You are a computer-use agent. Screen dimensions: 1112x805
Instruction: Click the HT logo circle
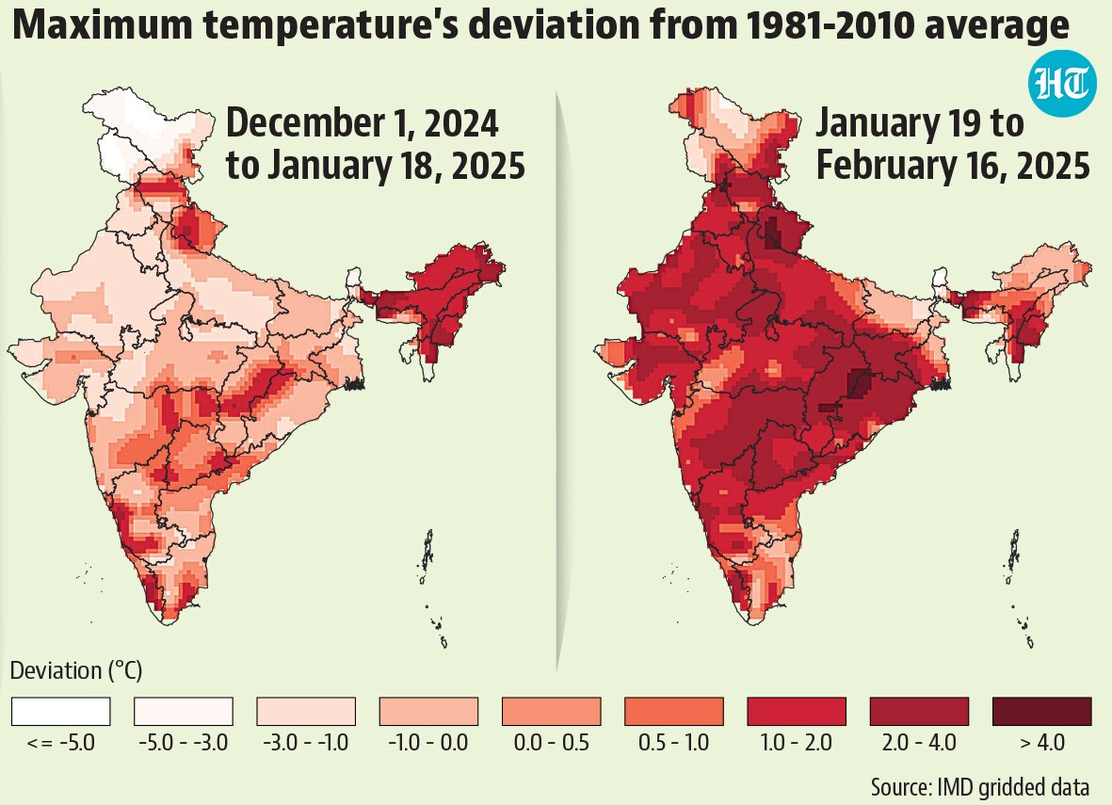tap(1061, 85)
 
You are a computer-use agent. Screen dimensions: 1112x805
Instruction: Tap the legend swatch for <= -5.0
tap(61, 711)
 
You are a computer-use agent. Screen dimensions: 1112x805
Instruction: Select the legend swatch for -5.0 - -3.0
tap(184, 711)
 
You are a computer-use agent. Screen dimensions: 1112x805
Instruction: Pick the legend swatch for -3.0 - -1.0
tap(306, 711)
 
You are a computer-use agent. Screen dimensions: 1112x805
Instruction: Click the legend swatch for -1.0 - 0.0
tap(429, 711)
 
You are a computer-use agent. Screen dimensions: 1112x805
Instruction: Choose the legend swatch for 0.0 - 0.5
tap(552, 711)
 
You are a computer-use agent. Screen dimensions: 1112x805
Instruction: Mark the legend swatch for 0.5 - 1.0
tap(674, 711)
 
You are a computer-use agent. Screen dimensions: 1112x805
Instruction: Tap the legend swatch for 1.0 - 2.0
tap(798, 711)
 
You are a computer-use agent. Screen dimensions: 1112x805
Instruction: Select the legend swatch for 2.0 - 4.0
tap(920, 711)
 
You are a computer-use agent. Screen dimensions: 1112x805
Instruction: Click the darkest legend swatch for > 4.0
tap(1042, 711)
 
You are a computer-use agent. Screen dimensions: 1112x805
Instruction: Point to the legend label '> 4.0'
tap(1042, 743)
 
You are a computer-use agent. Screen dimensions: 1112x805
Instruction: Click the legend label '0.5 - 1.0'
tap(674, 743)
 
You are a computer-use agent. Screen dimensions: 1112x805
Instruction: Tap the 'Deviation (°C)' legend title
tap(76, 671)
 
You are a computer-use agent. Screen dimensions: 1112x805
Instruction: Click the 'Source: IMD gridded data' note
tap(979, 787)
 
